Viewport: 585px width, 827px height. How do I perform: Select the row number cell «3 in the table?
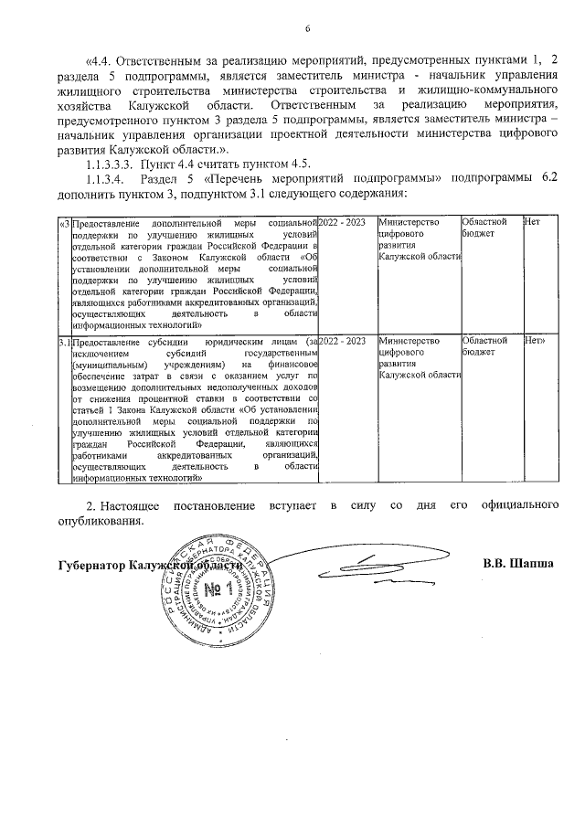coord(64,223)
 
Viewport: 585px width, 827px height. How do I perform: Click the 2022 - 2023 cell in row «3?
coord(344,223)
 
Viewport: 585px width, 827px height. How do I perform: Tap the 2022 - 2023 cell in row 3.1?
coord(344,341)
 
